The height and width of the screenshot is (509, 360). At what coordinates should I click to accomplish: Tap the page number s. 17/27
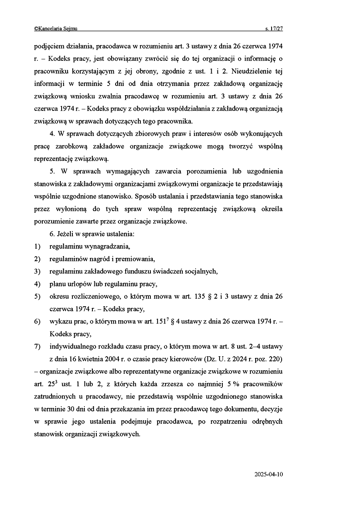[x=274, y=29]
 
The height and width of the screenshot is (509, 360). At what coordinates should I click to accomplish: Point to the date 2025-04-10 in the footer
[x=268, y=475]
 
